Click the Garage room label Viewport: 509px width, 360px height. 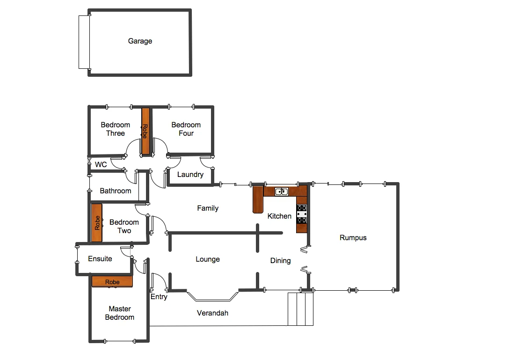coord(140,41)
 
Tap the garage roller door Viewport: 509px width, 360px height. coord(84,42)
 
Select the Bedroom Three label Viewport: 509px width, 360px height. coord(115,129)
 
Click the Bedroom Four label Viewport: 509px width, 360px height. coord(186,129)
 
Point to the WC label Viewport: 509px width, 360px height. coord(101,165)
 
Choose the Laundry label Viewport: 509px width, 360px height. coord(190,175)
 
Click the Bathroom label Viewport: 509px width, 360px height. coord(116,191)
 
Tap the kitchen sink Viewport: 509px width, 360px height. coord(281,191)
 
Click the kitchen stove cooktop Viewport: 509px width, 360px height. coord(301,214)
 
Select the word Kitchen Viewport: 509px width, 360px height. coord(279,216)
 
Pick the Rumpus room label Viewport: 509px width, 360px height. coord(353,238)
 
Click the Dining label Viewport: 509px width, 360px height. coord(281,261)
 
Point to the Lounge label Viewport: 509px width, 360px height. coord(208,259)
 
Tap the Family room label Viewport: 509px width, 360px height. coord(208,208)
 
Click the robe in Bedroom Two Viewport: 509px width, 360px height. coord(97,223)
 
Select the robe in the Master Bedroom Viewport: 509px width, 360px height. coord(112,281)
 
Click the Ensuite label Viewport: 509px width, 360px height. coord(100,258)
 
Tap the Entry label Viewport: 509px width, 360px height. coord(159,297)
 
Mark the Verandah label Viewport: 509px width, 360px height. coord(212,313)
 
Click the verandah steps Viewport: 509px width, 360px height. coord(300,309)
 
